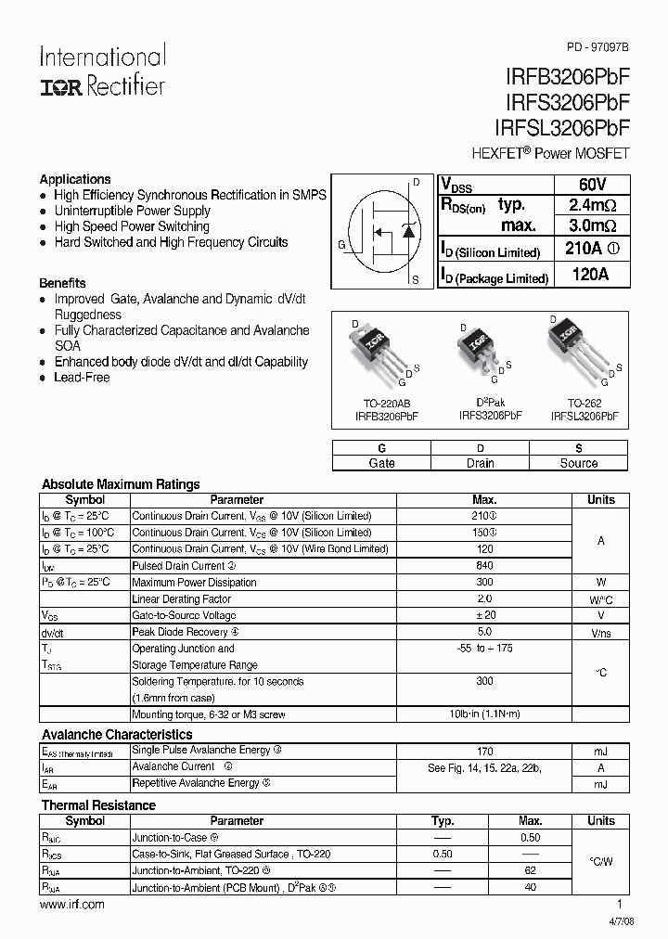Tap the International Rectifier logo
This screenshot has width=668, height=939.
click(102, 71)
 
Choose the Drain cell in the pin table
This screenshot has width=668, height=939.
click(480, 463)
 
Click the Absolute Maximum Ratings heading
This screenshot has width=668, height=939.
click(121, 484)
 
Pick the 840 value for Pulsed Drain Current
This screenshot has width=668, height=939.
click(484, 566)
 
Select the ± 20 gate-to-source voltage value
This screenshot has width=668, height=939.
click(484, 616)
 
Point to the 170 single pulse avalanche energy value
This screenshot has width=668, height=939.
click(484, 751)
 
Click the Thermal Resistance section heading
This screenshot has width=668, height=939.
click(98, 805)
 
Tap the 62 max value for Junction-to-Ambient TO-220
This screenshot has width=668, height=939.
click(530, 871)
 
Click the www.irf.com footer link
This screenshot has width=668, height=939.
click(73, 905)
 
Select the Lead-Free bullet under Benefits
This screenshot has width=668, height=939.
click(82, 378)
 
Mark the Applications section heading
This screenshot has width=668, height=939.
click(75, 179)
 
